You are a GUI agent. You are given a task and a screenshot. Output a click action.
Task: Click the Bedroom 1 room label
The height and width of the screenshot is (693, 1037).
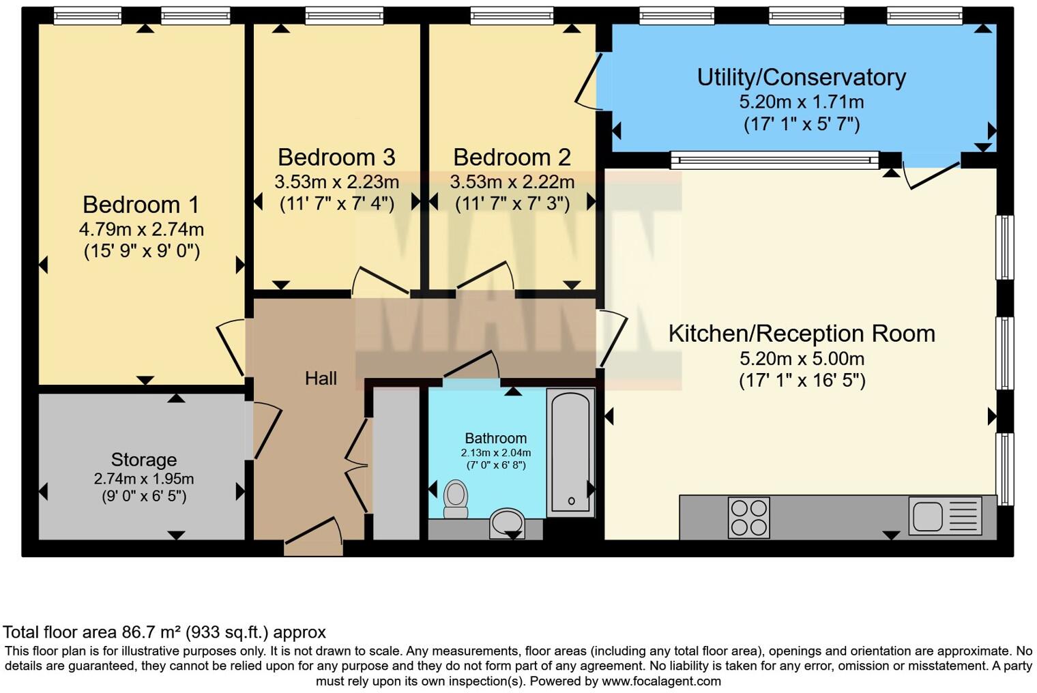(141, 205)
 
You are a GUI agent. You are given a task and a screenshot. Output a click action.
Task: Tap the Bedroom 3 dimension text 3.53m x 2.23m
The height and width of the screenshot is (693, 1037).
(336, 182)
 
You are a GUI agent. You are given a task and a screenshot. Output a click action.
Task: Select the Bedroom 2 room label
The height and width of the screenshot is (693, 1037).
(512, 158)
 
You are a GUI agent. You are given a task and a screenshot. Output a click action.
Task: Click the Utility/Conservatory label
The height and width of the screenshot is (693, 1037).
(801, 77)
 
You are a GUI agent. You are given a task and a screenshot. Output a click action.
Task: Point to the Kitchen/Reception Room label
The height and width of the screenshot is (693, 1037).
(801, 334)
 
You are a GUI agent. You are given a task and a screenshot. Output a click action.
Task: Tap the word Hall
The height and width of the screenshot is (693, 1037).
(321, 379)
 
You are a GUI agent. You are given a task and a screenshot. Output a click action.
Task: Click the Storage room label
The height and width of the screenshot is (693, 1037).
(143, 460)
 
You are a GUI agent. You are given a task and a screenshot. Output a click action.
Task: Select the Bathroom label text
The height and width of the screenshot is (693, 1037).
(495, 439)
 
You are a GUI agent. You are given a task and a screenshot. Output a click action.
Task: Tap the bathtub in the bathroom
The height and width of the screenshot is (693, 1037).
(570, 452)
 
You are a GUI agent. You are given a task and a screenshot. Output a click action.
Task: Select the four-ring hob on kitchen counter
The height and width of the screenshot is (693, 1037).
(748, 518)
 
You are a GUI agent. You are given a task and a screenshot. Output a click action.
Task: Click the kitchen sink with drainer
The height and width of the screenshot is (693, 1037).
(945, 516)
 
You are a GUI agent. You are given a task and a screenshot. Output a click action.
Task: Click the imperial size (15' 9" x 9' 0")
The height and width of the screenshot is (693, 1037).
(141, 252)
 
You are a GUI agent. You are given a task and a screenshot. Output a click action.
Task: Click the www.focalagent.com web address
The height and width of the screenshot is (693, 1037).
(661, 681)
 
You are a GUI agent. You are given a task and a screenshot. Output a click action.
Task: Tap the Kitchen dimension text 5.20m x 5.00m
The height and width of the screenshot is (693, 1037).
(801, 358)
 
